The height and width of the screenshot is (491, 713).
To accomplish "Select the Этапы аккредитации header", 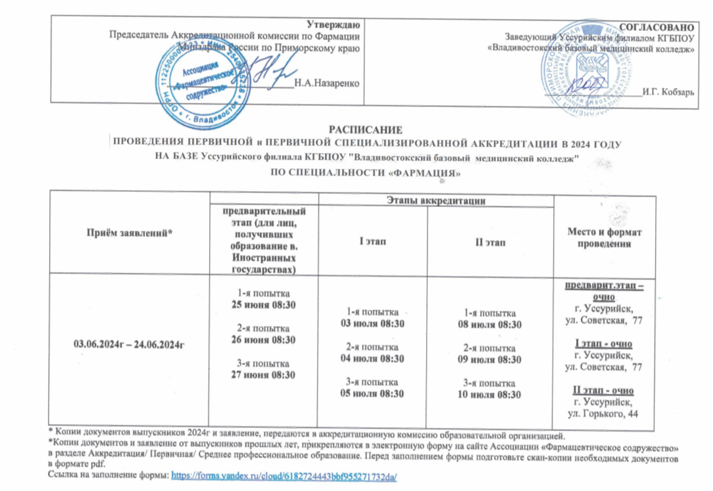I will click(436, 199).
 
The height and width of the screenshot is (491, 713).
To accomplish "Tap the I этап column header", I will click(372, 243).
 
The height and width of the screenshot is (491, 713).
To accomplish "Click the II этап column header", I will click(493, 243).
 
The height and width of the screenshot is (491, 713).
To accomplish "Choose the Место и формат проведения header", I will click(599, 238).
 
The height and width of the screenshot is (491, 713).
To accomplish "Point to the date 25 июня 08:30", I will click(262, 304).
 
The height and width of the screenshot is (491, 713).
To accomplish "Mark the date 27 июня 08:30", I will click(262, 375).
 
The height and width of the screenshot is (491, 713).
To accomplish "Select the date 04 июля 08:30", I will click(372, 358).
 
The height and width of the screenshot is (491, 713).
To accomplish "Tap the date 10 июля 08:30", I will click(493, 394).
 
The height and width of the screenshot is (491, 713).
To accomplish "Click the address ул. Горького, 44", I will click(599, 412).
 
